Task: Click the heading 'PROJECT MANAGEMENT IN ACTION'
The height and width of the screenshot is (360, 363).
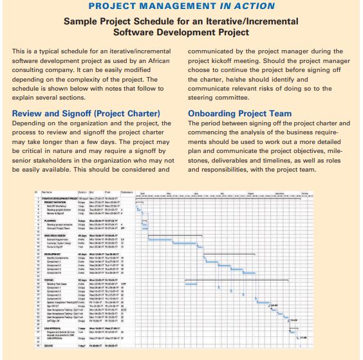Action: coord(181,6)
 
